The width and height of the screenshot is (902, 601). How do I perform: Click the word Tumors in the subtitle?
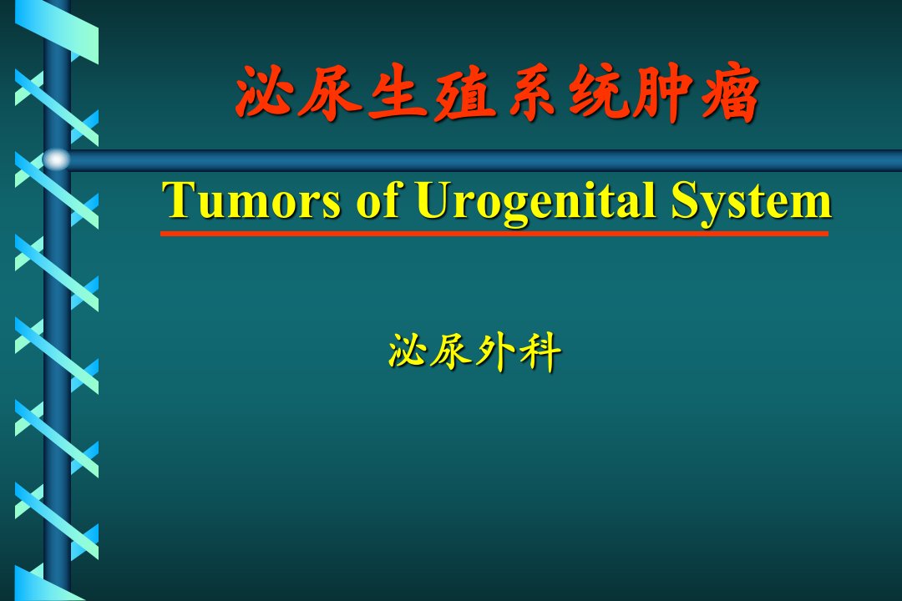(x=251, y=200)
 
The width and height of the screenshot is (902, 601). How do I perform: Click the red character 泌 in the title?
(x=264, y=92)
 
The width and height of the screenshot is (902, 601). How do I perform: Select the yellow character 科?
(x=540, y=352)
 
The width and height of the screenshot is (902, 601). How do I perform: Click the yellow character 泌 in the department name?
(x=408, y=351)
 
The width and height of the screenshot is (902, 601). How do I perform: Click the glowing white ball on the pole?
(x=57, y=159)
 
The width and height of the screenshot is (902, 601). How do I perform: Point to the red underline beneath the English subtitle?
(x=494, y=234)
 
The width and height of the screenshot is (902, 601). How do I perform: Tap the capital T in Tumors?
(x=180, y=199)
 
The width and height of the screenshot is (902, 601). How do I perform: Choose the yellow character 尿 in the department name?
(x=453, y=351)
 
